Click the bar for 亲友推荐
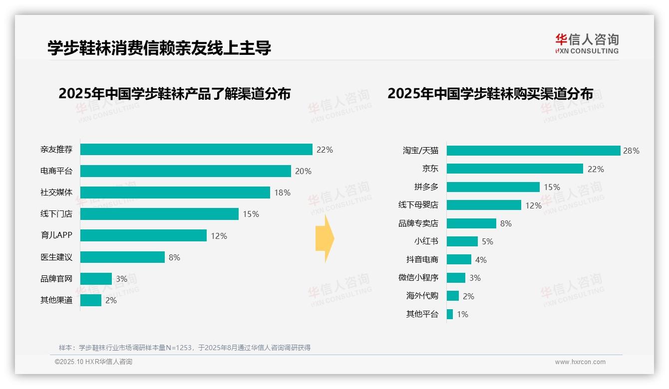(x=196, y=150)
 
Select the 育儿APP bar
(x=143, y=235)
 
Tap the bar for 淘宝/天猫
(x=533, y=151)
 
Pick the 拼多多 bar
(x=493, y=187)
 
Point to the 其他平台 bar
(x=450, y=314)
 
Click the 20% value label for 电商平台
(x=303, y=171)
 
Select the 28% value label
(x=631, y=151)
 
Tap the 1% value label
(x=462, y=315)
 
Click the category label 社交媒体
(x=56, y=193)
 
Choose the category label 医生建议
(x=56, y=257)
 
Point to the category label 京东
(x=430, y=169)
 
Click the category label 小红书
(x=426, y=241)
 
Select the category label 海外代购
(x=422, y=296)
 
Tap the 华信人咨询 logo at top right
(x=587, y=43)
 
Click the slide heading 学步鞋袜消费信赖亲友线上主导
(x=159, y=48)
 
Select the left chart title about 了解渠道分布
(x=174, y=94)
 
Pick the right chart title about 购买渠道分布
(x=490, y=94)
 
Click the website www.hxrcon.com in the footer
(x=580, y=362)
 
